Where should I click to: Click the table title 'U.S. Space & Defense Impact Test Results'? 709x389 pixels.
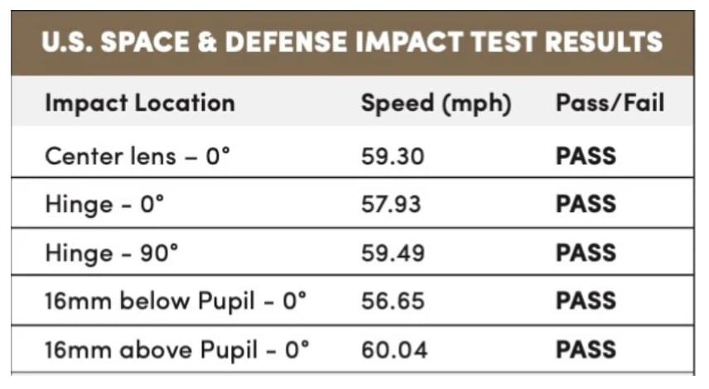(x=352, y=42)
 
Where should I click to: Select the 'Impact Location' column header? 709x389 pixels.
(x=139, y=103)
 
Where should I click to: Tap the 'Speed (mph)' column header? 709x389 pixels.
(x=436, y=103)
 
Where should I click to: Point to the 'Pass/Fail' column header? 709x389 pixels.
(x=610, y=103)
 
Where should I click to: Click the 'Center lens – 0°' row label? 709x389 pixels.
(x=136, y=156)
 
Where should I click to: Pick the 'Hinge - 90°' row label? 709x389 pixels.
(x=111, y=252)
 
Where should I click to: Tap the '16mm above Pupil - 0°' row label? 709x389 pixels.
(x=176, y=348)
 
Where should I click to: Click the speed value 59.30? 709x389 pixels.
(x=394, y=156)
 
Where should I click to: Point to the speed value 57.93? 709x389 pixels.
(x=394, y=204)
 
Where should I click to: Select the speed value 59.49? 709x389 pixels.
(x=394, y=252)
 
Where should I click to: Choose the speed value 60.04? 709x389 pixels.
(x=394, y=348)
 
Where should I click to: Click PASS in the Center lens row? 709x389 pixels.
(x=586, y=156)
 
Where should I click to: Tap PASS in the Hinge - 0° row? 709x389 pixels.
(x=586, y=204)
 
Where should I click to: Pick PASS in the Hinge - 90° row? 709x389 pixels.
(x=586, y=252)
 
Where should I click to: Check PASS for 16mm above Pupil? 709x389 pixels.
(x=586, y=348)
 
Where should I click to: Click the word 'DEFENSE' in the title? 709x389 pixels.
(x=282, y=42)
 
